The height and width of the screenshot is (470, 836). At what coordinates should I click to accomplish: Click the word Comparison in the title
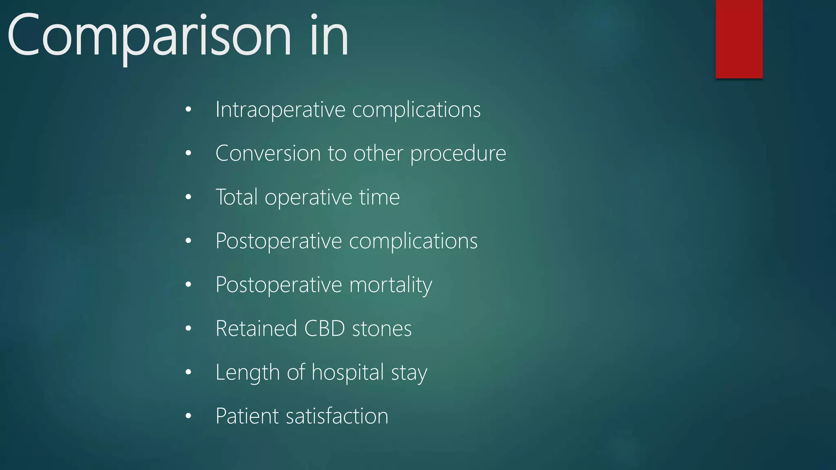pos(149,36)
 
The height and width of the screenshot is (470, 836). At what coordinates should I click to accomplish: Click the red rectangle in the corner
pos(739,39)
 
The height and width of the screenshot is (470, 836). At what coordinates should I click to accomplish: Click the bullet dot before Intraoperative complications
pos(188,109)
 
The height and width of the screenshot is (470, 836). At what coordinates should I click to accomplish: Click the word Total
pos(236,197)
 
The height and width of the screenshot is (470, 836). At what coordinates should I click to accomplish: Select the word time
pos(379,197)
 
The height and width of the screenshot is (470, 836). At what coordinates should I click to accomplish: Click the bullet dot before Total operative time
pos(188,197)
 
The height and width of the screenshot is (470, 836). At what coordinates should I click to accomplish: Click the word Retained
pos(256,328)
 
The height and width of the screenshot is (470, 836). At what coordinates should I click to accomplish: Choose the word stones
pos(382,329)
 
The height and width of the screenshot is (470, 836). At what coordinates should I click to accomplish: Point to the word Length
pos(247,373)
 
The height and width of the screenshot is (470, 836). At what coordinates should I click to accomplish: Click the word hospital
pos(348,373)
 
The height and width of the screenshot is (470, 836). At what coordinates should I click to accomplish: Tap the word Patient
pos(247,416)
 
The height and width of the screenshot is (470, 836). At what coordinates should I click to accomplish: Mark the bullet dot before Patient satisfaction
pos(188,416)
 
